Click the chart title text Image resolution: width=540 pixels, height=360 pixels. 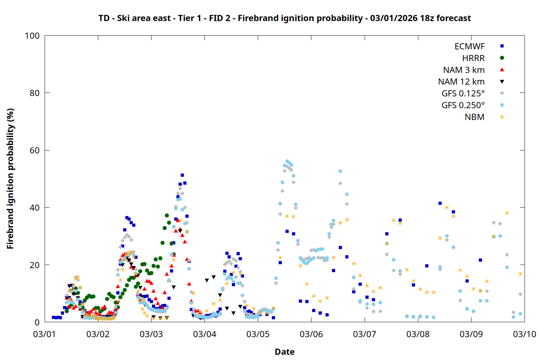[x=284, y=18]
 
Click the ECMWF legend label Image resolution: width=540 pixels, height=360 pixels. [x=469, y=46]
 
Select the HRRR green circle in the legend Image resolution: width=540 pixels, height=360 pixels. [x=502, y=58]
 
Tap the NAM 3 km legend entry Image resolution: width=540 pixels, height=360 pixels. [x=464, y=70]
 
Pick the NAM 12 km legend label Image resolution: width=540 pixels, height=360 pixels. [x=461, y=82]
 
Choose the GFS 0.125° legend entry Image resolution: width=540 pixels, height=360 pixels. [x=463, y=94]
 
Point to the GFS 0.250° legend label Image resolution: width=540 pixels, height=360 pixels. [x=463, y=105]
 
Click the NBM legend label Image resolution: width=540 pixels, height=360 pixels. [x=474, y=117]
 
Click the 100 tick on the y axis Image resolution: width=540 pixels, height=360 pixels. [x=32, y=36]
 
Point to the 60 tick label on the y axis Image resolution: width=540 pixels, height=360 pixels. [x=35, y=150]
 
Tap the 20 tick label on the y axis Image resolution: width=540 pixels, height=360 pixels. [x=35, y=265]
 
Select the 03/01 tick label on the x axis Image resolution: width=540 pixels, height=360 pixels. [x=44, y=334]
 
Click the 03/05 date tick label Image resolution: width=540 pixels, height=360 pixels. [x=258, y=334]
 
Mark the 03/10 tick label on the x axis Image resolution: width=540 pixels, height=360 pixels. [x=524, y=334]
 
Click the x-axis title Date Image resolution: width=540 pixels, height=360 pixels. [x=284, y=352]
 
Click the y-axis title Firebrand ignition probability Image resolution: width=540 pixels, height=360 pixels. [x=10, y=179]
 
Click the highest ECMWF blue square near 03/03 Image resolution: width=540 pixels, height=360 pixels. [x=182, y=175]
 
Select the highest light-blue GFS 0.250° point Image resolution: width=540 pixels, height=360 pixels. [x=287, y=161]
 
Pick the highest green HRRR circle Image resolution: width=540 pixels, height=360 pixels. [x=167, y=215]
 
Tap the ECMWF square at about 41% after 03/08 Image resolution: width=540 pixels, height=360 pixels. [x=440, y=203]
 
